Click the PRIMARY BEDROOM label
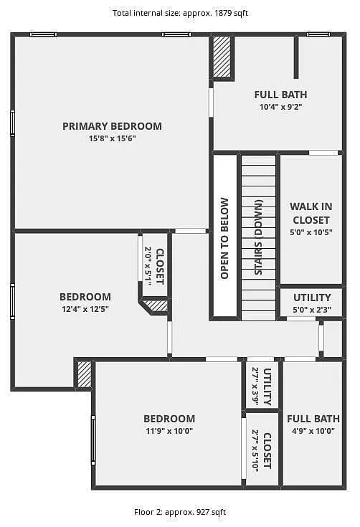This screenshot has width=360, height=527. (x=112, y=126)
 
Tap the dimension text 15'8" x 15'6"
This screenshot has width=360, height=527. (x=112, y=138)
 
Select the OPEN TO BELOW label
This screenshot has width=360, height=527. (x=224, y=238)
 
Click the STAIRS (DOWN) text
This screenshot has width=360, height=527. (x=258, y=238)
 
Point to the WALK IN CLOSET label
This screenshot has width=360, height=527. (x=311, y=213)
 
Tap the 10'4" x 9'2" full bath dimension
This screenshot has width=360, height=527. (x=280, y=107)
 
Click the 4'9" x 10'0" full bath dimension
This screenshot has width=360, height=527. (x=313, y=431)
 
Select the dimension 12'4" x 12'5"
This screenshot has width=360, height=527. (x=85, y=309)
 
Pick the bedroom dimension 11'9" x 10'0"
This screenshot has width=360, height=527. (x=169, y=431)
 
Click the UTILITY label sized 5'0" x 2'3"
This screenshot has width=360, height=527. (x=312, y=298)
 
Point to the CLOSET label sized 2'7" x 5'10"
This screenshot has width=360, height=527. (x=267, y=450)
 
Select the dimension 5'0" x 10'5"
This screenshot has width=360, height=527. (x=311, y=233)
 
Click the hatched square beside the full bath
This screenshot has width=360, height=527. (x=222, y=57)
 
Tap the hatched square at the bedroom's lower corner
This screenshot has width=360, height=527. (x=85, y=374)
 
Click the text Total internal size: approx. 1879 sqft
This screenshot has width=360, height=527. (x=179, y=13)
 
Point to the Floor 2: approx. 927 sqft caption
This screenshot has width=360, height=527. (x=179, y=512)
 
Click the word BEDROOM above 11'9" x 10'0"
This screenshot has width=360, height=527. (x=169, y=419)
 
